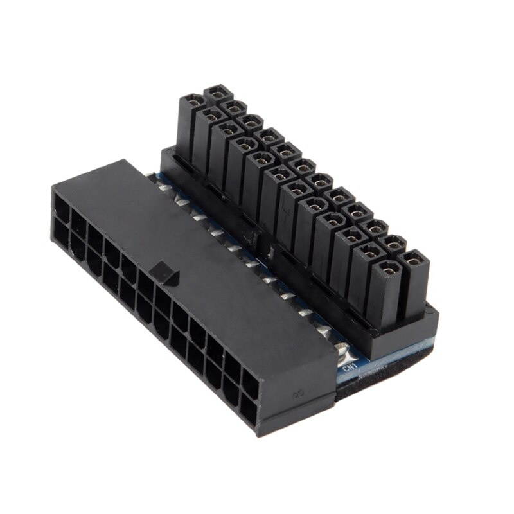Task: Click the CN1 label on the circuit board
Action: pyautogui.click(x=350, y=369)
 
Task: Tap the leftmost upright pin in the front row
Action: pyautogui.click(x=192, y=103)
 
